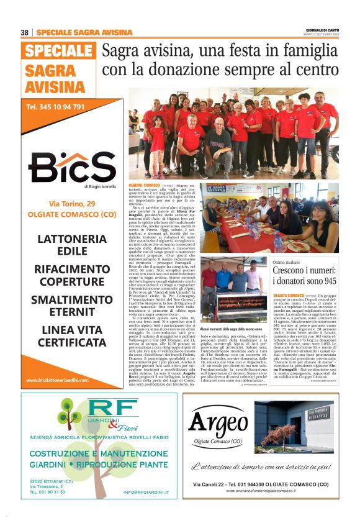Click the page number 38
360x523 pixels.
25,32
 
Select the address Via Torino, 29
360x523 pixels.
73,204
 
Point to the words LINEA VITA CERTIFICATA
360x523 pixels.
72,335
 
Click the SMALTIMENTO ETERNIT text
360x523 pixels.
72,306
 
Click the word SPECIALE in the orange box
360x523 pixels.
58,51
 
